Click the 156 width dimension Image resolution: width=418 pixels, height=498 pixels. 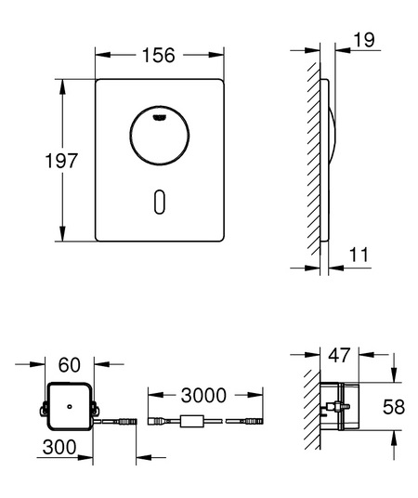coord(159,55)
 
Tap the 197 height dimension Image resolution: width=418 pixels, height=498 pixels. coord(61,161)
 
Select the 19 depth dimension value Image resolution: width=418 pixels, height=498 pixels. coord(364,40)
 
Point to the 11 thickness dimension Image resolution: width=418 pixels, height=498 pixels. coord(359,255)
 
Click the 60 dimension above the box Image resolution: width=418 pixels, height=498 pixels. coord(70,365)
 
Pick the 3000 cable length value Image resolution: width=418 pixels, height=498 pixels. coord(203,396)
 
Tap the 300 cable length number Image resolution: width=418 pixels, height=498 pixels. coord(59,447)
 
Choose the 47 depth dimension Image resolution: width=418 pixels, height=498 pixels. coord(339,355)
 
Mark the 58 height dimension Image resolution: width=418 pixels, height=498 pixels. coord(394,407)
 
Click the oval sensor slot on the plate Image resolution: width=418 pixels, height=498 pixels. coord(160,202)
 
